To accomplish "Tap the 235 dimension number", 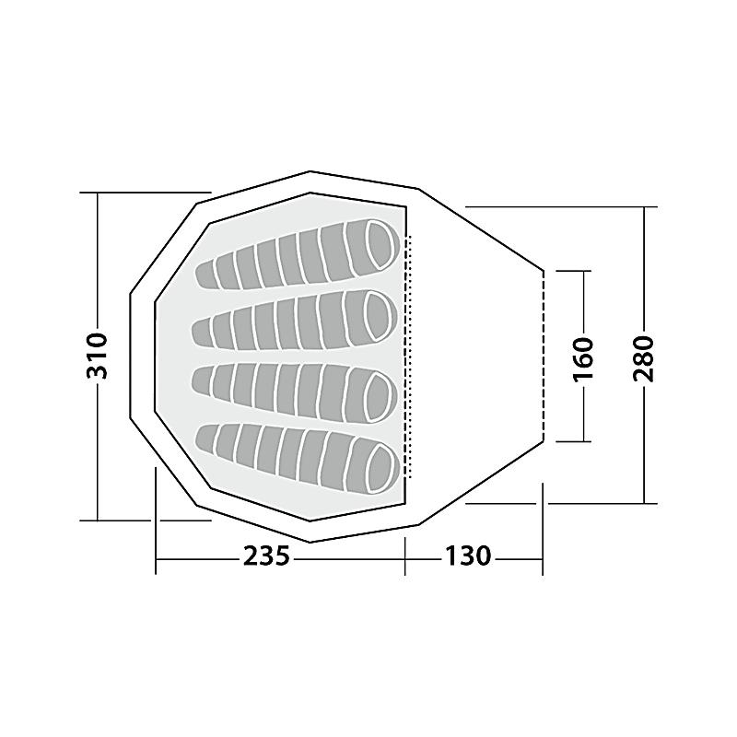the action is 266,556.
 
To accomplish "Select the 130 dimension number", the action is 468,556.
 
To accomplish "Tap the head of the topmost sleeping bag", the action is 380,244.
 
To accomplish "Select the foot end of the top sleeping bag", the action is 205,275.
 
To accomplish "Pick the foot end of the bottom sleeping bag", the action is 205,439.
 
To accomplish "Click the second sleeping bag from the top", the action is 295,322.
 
